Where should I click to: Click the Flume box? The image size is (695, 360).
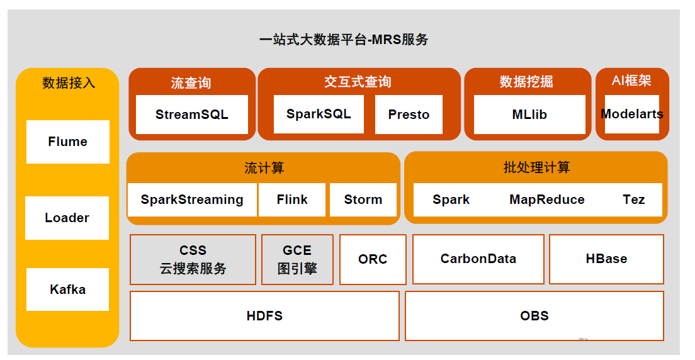pos(67,142)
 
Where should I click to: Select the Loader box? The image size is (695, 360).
pos(67,218)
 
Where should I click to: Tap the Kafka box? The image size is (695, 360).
pos(67,290)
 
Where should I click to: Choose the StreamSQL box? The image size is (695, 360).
pos(191,115)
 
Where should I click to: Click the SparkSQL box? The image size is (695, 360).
pos(319,114)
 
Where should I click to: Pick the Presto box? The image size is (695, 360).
pos(409,115)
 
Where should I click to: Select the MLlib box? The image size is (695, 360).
pos(529,115)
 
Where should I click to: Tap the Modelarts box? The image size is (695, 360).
pos(631,114)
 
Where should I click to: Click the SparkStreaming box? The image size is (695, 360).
pos(192,200)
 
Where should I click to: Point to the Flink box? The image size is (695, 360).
pos(292,200)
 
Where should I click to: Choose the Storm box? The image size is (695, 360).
pos(363,200)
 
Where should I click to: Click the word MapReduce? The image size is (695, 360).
pos(547,200)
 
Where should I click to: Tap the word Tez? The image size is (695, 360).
pos(634,200)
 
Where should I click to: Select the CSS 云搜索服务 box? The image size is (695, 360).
pos(193,259)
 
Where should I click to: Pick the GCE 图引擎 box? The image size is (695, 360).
pos(297,259)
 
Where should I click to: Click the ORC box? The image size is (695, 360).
pos(373,259)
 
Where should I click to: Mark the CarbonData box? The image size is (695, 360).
pos(478,259)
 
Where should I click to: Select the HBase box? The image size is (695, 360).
pos(606,259)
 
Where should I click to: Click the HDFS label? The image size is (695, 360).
pos(264,315)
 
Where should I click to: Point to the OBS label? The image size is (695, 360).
pos(534,315)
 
